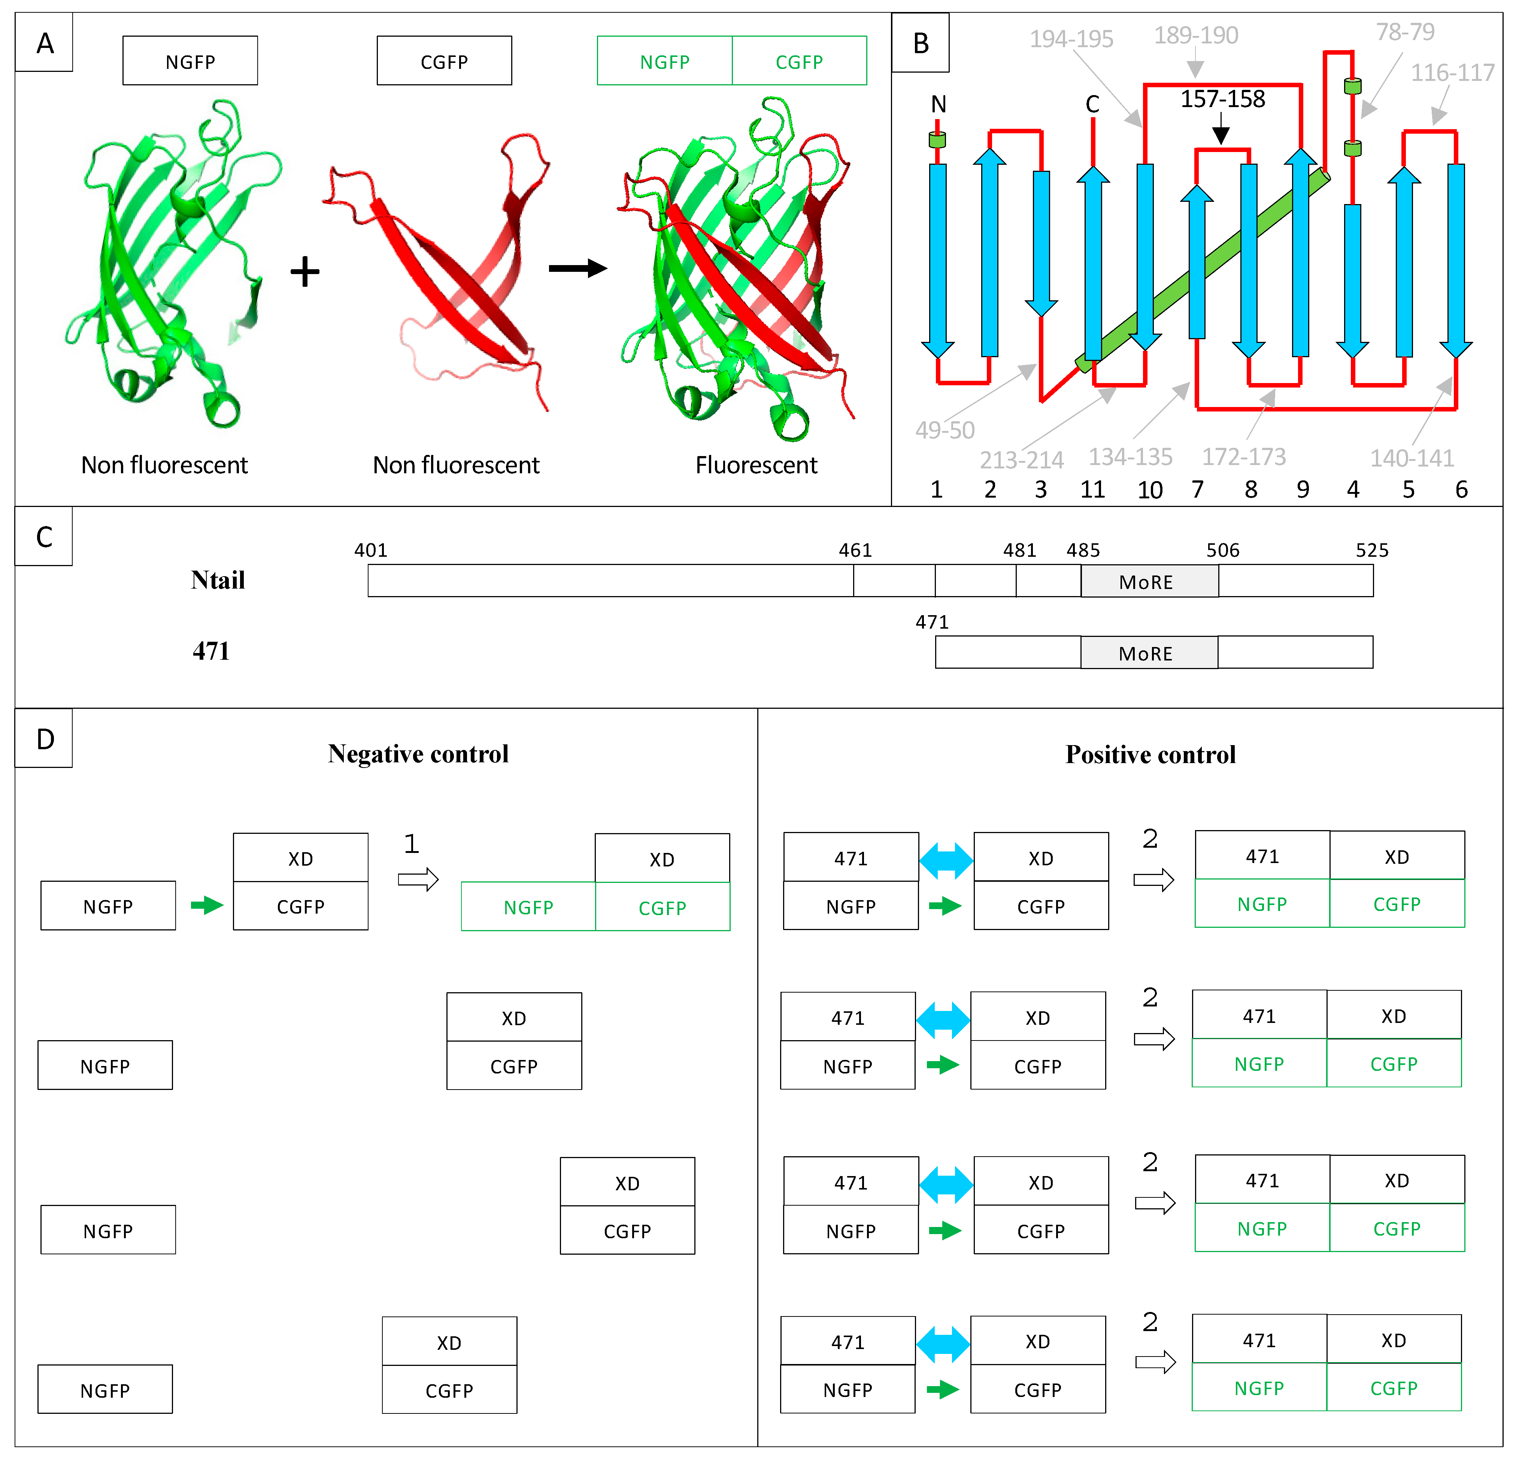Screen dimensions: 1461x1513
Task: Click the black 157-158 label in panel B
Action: [x=1223, y=99]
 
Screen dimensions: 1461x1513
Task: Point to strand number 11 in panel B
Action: [x=1092, y=489]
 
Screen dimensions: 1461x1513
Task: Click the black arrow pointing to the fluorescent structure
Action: [x=577, y=268]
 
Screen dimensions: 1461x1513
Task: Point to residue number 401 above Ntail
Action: [x=370, y=550]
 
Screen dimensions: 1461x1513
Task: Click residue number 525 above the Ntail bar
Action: [x=1372, y=550]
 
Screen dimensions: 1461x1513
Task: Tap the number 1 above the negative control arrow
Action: [x=412, y=844]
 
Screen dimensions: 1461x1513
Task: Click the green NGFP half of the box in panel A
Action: [x=665, y=62]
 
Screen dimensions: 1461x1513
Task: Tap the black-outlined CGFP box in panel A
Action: [x=444, y=62]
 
